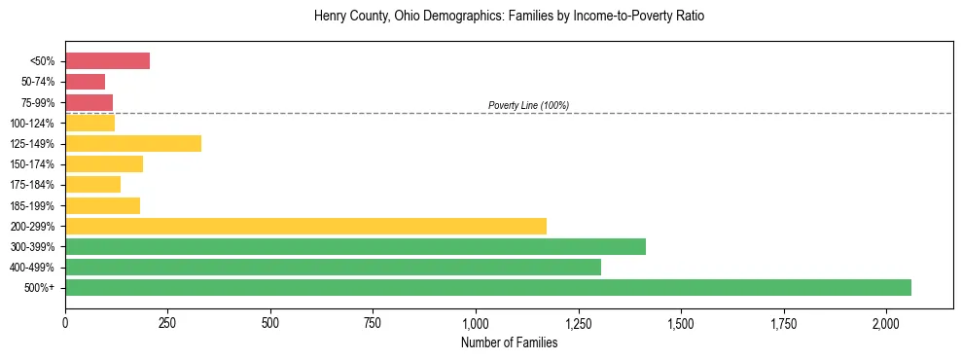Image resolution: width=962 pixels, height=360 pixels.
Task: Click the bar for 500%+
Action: click(488, 287)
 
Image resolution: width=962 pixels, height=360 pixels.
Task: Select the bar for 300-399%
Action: click(355, 246)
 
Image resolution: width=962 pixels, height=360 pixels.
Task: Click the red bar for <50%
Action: click(107, 61)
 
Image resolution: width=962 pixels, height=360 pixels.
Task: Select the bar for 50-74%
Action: click(85, 82)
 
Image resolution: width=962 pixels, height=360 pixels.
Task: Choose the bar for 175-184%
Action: click(92, 184)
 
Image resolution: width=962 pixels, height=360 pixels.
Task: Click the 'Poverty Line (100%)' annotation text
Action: click(528, 105)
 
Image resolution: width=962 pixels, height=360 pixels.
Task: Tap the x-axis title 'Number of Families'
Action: click(509, 342)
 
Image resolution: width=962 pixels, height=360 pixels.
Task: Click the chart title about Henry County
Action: click(509, 17)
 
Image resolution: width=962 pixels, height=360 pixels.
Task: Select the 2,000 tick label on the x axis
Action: click(886, 322)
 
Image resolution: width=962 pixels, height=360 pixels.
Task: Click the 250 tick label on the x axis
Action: click(167, 322)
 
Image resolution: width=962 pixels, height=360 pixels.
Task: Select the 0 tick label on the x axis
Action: click(65, 322)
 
